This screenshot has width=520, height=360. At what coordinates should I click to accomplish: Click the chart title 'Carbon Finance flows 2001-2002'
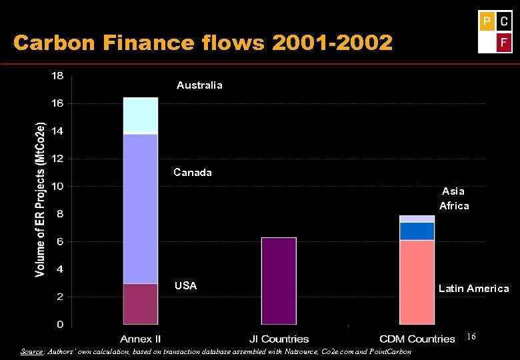click(203, 43)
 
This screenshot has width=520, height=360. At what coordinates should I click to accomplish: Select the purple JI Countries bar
click(279, 281)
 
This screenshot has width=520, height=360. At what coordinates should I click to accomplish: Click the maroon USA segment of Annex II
click(141, 304)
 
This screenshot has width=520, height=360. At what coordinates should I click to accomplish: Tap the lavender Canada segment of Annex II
click(141, 209)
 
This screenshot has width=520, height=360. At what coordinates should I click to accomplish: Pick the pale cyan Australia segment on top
click(141, 115)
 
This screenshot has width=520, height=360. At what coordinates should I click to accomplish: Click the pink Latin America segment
click(417, 282)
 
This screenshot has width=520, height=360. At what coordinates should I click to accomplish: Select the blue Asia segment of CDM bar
click(417, 231)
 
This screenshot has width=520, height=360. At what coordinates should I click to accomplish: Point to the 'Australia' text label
click(199, 85)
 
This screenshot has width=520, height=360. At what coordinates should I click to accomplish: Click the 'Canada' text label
click(193, 173)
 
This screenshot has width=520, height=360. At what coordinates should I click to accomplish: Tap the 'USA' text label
click(185, 286)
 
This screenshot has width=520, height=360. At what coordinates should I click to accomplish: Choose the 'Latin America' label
click(473, 289)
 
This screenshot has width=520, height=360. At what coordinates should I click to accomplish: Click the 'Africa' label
click(454, 206)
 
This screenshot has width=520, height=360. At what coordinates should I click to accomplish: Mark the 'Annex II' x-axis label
click(141, 339)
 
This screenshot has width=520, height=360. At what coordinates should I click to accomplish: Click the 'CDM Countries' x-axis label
click(417, 339)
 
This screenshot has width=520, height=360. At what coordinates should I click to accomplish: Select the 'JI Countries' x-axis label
click(279, 339)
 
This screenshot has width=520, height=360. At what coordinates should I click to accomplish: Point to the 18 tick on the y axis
click(58, 76)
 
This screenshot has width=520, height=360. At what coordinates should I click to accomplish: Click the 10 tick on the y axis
click(58, 186)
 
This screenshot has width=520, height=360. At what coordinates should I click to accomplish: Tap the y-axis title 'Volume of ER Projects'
click(41, 199)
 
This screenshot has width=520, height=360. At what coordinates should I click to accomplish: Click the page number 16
click(471, 337)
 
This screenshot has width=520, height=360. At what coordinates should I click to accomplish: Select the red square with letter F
click(504, 44)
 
